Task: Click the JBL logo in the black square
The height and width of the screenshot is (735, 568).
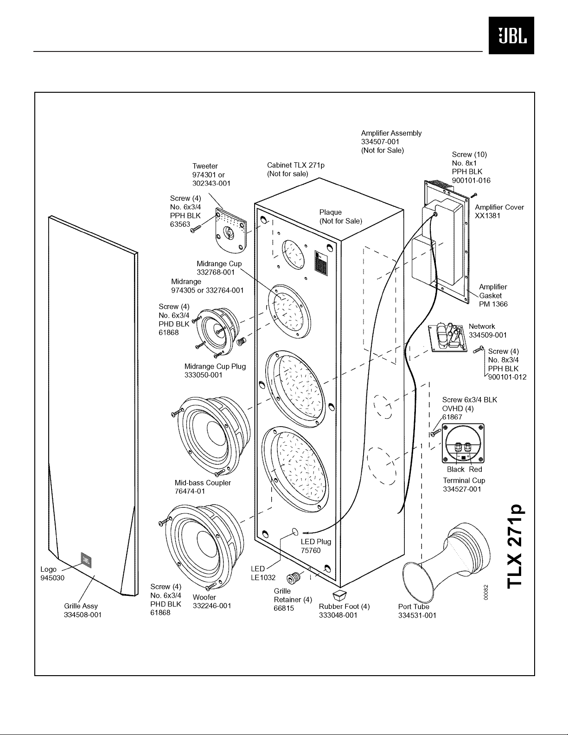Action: (511, 35)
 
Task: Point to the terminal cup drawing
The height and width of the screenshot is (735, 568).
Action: (463, 443)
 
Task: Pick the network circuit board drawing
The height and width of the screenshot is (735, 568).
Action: (448, 338)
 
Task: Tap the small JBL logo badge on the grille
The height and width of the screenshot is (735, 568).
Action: (86, 560)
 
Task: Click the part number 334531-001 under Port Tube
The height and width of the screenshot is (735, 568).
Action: (417, 616)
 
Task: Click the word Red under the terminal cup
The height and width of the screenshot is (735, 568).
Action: (475, 469)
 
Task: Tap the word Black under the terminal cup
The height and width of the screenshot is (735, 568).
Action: (456, 469)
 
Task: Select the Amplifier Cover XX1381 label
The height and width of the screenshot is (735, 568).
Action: (499, 211)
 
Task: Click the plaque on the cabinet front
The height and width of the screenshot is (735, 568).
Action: (321, 262)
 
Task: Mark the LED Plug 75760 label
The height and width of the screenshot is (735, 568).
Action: (316, 546)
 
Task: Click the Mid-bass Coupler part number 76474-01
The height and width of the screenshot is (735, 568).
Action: (190, 492)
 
